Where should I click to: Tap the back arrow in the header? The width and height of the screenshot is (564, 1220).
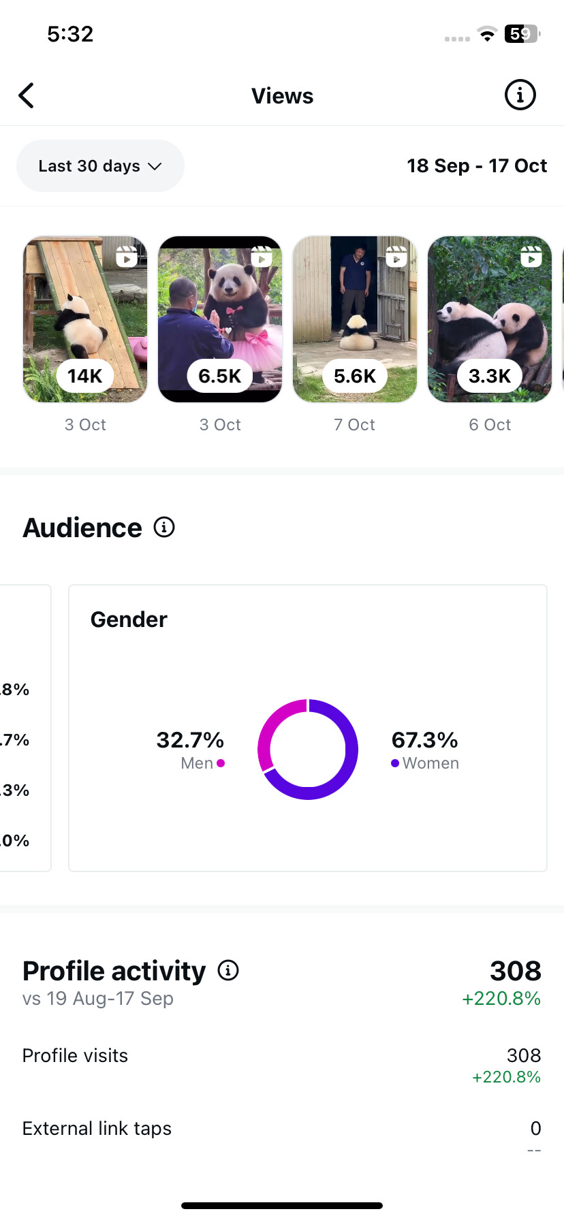point(27,96)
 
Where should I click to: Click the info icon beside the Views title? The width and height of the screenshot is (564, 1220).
point(520,95)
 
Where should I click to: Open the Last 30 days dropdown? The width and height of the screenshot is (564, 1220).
point(100,166)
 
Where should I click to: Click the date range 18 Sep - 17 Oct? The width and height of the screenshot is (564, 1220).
point(477,166)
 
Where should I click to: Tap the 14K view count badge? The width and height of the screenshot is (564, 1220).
point(85,376)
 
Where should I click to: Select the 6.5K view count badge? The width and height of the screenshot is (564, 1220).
point(219,376)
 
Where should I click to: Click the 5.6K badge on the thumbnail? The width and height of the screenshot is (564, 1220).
point(354,376)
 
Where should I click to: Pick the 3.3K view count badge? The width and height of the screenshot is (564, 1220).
point(489,376)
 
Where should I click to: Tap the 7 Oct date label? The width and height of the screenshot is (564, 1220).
point(354,425)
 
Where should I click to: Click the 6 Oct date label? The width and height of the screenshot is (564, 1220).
point(489,425)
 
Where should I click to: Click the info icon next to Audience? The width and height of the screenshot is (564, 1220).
point(164,527)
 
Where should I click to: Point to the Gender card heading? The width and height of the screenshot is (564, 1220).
point(129,620)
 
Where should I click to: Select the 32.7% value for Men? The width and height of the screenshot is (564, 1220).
point(190,740)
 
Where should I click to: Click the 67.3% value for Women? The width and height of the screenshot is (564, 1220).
point(424,740)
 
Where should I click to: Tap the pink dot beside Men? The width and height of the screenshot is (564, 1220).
point(221,763)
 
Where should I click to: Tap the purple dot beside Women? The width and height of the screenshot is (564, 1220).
point(395,763)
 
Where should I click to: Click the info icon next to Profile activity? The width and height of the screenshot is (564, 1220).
point(228,970)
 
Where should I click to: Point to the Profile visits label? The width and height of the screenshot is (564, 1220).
point(75,1055)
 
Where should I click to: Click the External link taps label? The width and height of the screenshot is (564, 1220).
point(97,1129)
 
